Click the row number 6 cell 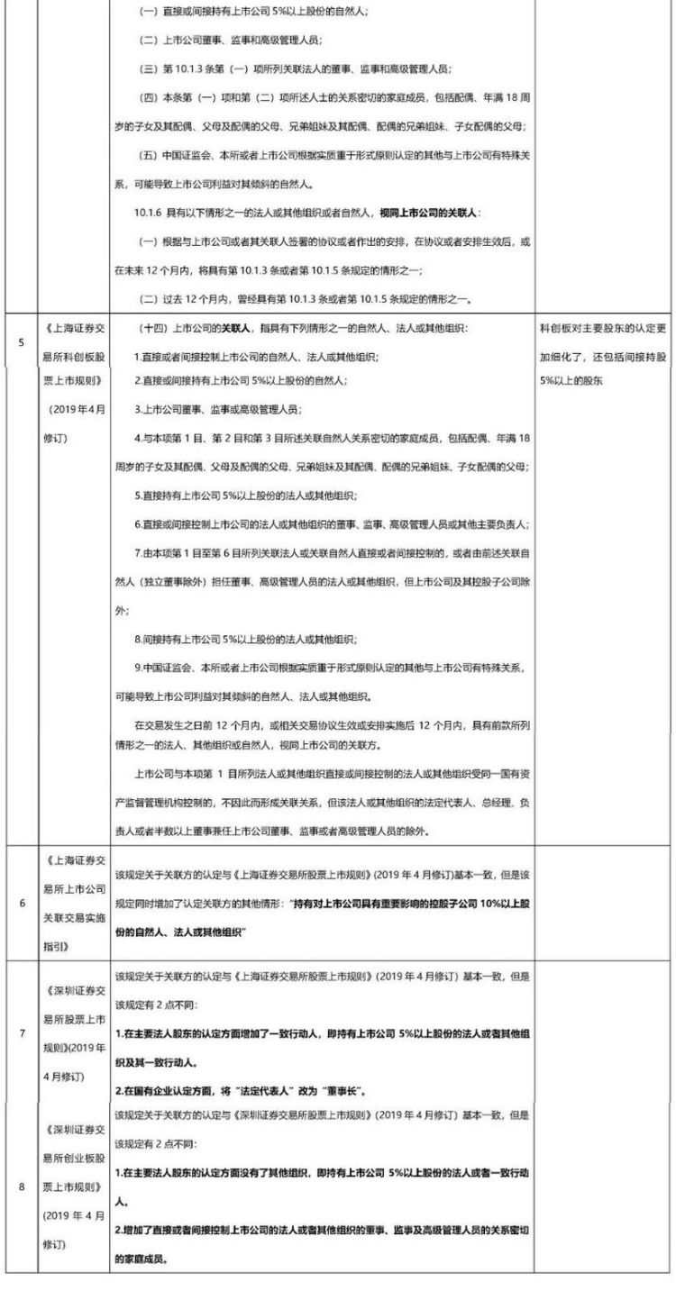tap(20, 902)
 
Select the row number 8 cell tap(20, 1186)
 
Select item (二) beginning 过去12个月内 tap(306, 298)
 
